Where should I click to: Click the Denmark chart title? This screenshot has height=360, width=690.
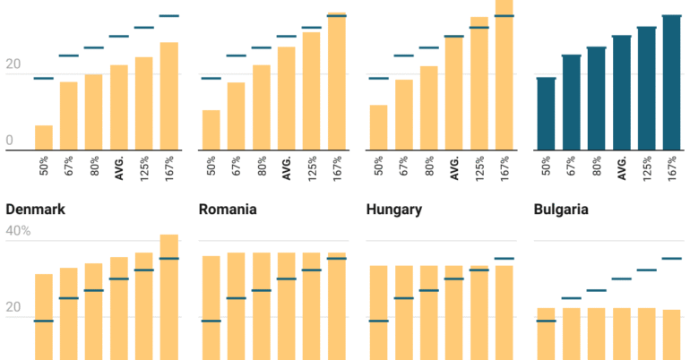tap(35, 210)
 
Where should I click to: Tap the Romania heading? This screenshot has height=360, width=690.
tap(228, 210)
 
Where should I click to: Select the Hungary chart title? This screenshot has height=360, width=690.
tap(395, 210)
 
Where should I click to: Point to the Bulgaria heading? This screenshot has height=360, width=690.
tap(561, 210)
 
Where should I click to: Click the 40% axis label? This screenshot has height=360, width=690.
tap(18, 231)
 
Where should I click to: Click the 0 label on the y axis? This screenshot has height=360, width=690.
tap(9, 141)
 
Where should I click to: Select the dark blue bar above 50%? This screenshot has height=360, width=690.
tap(546, 114)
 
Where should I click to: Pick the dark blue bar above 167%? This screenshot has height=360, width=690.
tap(671, 82)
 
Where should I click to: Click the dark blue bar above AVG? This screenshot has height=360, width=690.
tap(621, 93)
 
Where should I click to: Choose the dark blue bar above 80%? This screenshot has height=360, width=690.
tap(596, 99)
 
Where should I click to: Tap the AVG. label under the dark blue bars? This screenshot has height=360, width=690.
tap(622, 168)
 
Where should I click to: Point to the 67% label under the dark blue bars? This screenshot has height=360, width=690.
tap(572, 168)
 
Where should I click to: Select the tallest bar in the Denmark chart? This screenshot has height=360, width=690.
tap(168, 296)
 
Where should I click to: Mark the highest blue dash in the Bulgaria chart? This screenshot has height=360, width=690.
tap(671, 259)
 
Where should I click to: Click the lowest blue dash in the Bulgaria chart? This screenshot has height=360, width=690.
tap(546, 321)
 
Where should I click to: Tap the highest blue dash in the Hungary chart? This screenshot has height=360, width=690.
tap(505, 259)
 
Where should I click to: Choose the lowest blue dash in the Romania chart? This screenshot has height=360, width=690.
tap(211, 321)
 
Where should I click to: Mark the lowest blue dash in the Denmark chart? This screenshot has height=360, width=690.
tap(44, 321)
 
